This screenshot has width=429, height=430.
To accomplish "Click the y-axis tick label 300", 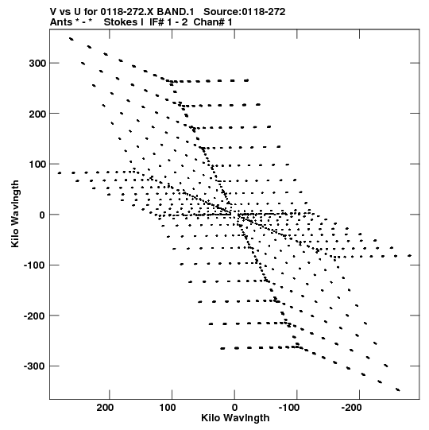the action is [x=37, y=64].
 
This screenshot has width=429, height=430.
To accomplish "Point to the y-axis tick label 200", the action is [x=37, y=114].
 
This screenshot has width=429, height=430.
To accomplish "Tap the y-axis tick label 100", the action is [x=37, y=165].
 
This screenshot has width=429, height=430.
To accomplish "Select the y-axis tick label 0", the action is [x=42, y=215].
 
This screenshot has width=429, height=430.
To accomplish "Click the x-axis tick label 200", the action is [x=105, y=408].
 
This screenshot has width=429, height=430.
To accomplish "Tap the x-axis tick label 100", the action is [x=168, y=408].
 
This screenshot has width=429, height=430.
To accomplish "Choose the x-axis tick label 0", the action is [x=234, y=408].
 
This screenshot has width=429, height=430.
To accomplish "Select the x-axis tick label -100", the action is [x=289, y=408].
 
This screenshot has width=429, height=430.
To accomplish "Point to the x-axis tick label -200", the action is [x=352, y=408].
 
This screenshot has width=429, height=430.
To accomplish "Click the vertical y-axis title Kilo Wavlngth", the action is [x=15, y=214].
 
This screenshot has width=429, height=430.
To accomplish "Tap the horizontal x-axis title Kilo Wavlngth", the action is [x=235, y=418].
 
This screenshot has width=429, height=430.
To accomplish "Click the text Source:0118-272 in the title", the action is [x=244, y=12].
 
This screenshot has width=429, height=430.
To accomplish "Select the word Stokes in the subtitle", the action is [x=121, y=22].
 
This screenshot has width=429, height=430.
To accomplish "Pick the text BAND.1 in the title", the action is [x=175, y=12].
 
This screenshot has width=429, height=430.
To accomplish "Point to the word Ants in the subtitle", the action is [x=61, y=22].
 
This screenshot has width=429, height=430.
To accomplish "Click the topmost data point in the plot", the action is [x=71, y=39].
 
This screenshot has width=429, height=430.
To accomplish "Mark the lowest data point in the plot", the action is [x=398, y=389].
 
